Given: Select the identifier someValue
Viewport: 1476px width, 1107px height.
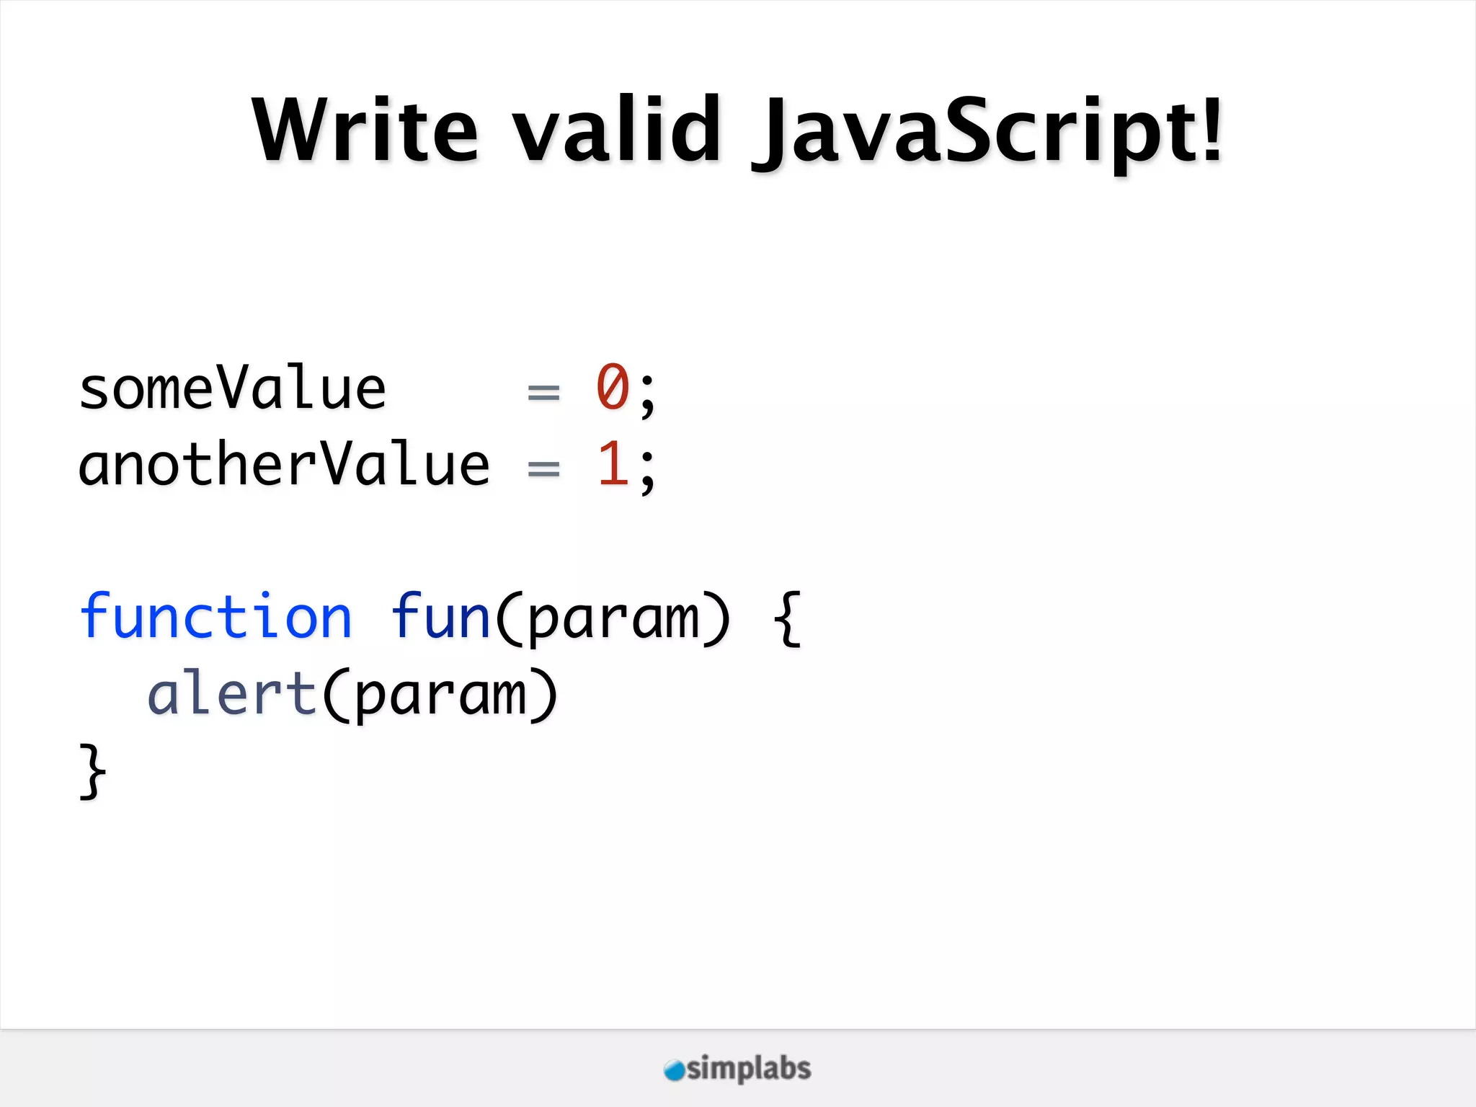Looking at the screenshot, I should [232, 389].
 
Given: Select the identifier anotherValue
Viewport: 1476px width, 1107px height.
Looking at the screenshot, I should [284, 466].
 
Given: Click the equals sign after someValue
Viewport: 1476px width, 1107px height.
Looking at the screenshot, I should [543, 394].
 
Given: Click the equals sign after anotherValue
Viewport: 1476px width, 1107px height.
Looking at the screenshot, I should [543, 470].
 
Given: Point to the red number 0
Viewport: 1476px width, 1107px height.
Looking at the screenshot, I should [613, 388].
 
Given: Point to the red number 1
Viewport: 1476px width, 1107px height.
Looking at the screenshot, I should [613, 465].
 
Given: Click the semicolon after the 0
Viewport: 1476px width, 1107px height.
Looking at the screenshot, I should [647, 395].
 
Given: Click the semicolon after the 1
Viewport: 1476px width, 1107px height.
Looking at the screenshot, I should [647, 471].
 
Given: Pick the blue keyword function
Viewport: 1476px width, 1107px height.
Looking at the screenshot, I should [215, 617].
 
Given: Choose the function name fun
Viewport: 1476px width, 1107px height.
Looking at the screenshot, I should [440, 617].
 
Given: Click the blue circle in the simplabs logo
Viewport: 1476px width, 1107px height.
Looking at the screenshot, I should [674, 1070].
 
